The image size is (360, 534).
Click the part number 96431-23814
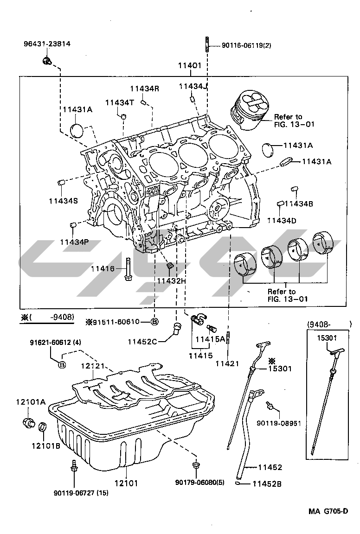(47, 44)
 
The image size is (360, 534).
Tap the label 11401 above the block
(190, 65)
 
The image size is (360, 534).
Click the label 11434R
(144, 89)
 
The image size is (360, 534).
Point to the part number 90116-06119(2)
(246, 45)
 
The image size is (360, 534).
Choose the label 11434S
(63, 201)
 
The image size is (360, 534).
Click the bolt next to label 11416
(128, 269)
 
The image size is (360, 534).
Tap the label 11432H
(171, 281)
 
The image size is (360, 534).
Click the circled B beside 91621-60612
(62, 364)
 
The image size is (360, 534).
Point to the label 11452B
(267, 484)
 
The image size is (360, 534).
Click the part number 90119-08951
(279, 423)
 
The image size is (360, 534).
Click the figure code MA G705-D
(328, 511)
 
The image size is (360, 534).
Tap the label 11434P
(74, 242)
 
